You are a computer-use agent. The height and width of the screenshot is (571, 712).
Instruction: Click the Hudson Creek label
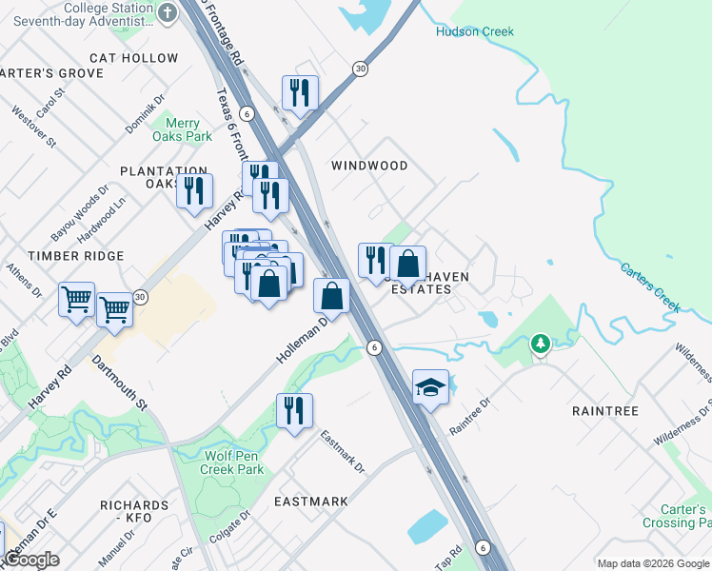point(474,31)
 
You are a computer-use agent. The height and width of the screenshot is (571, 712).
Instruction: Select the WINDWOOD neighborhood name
point(369,166)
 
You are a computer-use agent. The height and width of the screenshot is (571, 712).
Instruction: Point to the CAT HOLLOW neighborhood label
point(134,58)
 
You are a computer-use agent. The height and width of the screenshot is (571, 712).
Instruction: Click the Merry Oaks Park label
point(182,129)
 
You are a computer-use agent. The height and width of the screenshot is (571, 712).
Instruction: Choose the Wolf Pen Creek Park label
point(233,463)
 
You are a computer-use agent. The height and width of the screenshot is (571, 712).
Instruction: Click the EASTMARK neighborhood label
point(310,501)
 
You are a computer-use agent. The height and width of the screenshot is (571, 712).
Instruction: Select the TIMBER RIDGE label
point(76,256)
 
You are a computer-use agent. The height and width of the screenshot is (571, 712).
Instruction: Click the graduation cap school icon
point(430,387)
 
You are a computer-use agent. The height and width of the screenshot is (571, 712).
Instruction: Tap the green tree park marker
point(541,342)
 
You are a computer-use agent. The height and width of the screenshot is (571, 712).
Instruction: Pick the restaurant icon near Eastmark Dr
point(294,410)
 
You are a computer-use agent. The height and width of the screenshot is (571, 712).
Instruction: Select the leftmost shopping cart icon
point(76,300)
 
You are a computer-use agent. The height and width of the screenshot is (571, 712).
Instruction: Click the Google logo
point(30,560)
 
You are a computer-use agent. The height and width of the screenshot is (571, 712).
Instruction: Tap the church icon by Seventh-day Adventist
point(168,12)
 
